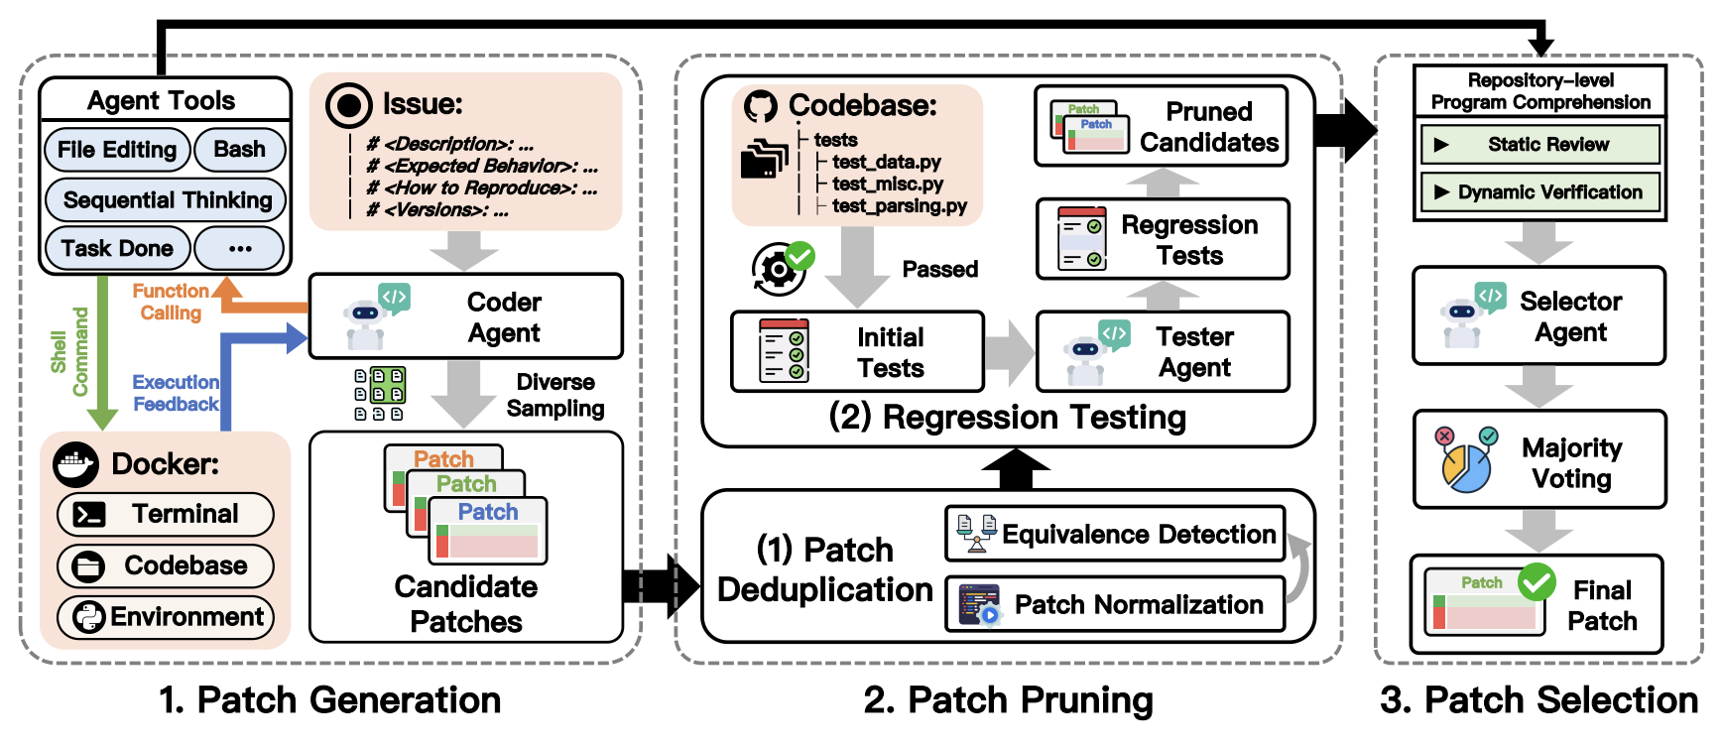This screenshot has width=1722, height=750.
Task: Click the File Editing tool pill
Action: [x=117, y=150]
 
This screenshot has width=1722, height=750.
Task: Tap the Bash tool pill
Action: [x=239, y=150]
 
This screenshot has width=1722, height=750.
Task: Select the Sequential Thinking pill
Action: [x=166, y=200]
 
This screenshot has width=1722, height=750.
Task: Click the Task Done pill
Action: [x=117, y=248]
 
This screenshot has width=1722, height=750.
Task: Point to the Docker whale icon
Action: [x=76, y=463]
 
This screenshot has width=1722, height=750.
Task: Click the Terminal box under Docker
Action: [x=166, y=514]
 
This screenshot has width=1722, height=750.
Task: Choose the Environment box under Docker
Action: [x=166, y=617]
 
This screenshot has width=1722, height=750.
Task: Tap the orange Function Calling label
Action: [x=171, y=302]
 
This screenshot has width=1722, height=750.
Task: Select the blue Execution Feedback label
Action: [x=176, y=393]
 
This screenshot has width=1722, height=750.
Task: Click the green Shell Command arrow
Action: [x=102, y=352]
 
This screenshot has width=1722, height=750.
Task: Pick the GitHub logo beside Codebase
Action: [x=761, y=106]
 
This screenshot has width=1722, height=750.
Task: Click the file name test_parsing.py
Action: [x=899, y=206]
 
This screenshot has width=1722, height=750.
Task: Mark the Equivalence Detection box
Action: [x=1115, y=534]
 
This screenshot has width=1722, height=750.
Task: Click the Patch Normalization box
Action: [x=1115, y=604]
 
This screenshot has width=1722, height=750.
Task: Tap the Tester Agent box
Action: [x=1163, y=352]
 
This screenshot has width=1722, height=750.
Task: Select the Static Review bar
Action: [x=1539, y=145]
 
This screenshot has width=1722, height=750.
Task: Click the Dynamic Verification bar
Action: [x=1539, y=192]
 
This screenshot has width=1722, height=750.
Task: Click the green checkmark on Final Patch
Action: [x=1537, y=582]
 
